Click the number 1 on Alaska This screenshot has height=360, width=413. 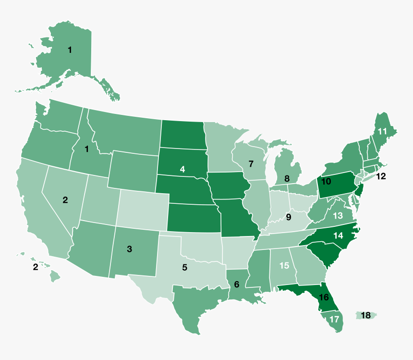(70, 50)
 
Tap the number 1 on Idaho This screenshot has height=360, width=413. (87, 149)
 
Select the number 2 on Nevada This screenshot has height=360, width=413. (65, 200)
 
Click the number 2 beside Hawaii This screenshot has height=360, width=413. (36, 267)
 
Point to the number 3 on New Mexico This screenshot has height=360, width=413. (129, 248)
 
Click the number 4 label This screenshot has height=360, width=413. (182, 169)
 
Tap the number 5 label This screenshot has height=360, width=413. (185, 267)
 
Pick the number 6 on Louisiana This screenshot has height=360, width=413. (236, 285)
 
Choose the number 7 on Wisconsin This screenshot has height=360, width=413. (251, 163)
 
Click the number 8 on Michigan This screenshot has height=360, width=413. (287, 179)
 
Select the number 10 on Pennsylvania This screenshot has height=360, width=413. (327, 182)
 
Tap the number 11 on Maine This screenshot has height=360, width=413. (382, 131)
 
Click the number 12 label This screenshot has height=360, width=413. (381, 176)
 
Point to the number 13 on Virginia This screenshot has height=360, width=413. (338, 216)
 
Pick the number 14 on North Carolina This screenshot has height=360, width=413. (339, 236)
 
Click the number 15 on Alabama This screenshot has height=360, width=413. (284, 265)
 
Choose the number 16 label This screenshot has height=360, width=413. (324, 297)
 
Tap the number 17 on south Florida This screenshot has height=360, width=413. (334, 319)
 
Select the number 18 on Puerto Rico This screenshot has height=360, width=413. (365, 315)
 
